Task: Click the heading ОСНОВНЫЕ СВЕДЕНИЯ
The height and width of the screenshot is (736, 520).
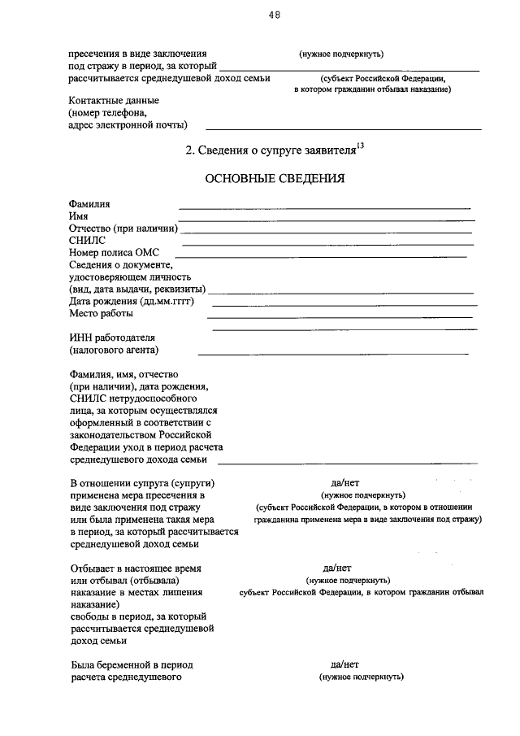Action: (x=275, y=178)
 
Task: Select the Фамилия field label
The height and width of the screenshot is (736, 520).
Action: (x=89, y=204)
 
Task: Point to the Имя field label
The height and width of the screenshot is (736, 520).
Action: (x=79, y=216)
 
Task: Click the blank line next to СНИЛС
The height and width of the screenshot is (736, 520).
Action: (x=327, y=244)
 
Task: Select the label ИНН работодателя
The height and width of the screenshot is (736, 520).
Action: (x=112, y=338)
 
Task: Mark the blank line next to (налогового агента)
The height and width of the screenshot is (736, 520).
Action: (x=333, y=354)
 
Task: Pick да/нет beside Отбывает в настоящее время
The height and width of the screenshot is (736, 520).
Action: (x=337, y=568)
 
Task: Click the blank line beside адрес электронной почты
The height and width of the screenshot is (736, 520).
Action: (x=343, y=129)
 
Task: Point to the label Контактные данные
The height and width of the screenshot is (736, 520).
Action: (x=115, y=101)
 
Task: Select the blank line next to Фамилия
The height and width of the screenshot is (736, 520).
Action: (x=324, y=208)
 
